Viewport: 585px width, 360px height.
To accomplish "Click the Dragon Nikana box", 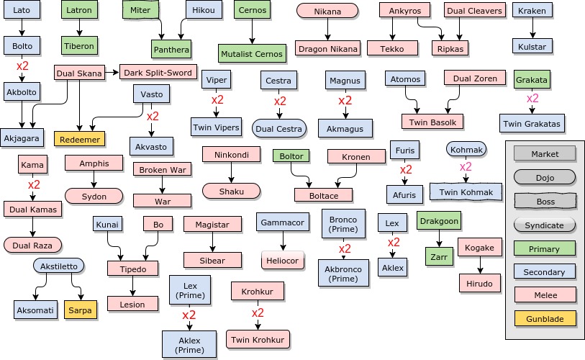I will coord(327,48).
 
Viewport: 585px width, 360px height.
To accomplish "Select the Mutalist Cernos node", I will coord(251,53).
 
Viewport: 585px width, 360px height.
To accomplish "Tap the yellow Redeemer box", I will coord(79,138).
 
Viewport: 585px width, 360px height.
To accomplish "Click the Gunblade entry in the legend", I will coord(545,317).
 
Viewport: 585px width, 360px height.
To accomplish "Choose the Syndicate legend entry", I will coord(545,225).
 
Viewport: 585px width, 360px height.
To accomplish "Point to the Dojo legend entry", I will coord(545,177).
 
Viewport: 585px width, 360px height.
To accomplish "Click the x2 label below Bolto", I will coord(22,66).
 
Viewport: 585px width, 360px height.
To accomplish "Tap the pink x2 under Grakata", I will coord(532,99).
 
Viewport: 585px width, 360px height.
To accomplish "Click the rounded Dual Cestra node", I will coord(279,128).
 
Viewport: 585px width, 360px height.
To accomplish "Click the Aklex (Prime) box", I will coord(190,344).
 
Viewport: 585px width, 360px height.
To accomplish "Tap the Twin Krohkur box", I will coord(257,339).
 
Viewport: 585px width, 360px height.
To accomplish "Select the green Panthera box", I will coord(171,49).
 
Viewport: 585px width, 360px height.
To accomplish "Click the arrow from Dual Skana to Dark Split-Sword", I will coord(112,72).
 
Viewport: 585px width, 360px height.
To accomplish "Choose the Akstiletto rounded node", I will coord(58,266).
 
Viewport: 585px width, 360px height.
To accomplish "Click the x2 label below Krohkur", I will coord(257,314).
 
